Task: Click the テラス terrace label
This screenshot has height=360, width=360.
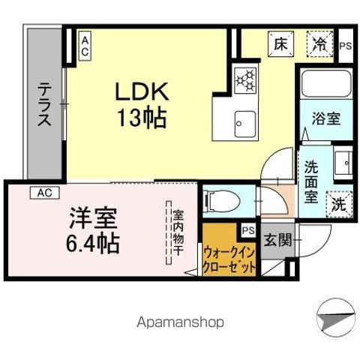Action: click(x=46, y=104)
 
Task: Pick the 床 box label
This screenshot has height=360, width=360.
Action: click(x=280, y=43)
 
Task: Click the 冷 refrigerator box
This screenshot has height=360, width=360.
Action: click(x=321, y=43)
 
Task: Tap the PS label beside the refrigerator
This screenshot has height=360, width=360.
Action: click(x=345, y=46)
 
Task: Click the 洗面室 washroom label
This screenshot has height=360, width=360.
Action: click(x=311, y=181)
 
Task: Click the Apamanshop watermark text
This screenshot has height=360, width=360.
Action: click(x=181, y=322)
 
